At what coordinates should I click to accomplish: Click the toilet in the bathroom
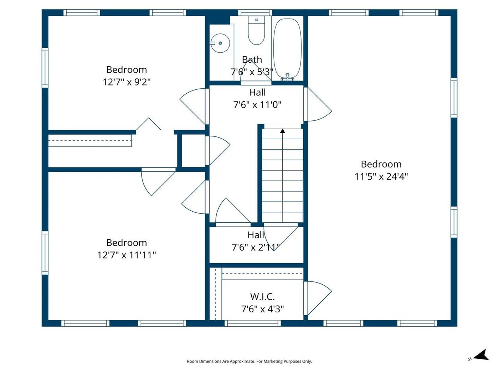tap(256, 30)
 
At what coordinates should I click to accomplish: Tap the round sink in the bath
tap(220, 43)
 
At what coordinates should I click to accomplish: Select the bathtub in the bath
tap(287, 48)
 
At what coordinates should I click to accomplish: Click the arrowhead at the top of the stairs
tap(282, 131)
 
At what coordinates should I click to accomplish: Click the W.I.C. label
tap(262, 297)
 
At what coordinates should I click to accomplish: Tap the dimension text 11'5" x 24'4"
tap(381, 176)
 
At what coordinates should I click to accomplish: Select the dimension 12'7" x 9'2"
tap(127, 82)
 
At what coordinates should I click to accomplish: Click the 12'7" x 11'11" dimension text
tap(127, 255)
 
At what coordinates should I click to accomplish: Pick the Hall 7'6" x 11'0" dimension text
tap(257, 105)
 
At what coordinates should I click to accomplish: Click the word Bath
tap(252, 59)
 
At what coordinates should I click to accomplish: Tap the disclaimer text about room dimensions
tap(249, 361)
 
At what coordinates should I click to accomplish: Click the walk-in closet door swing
tap(318, 298)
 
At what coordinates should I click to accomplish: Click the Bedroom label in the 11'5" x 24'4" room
tap(381, 164)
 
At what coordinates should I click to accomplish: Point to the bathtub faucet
tap(287, 77)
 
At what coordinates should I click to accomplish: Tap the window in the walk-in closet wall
tap(253, 323)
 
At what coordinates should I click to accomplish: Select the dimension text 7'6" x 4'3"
tap(263, 309)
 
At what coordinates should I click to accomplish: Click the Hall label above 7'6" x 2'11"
tap(256, 235)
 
